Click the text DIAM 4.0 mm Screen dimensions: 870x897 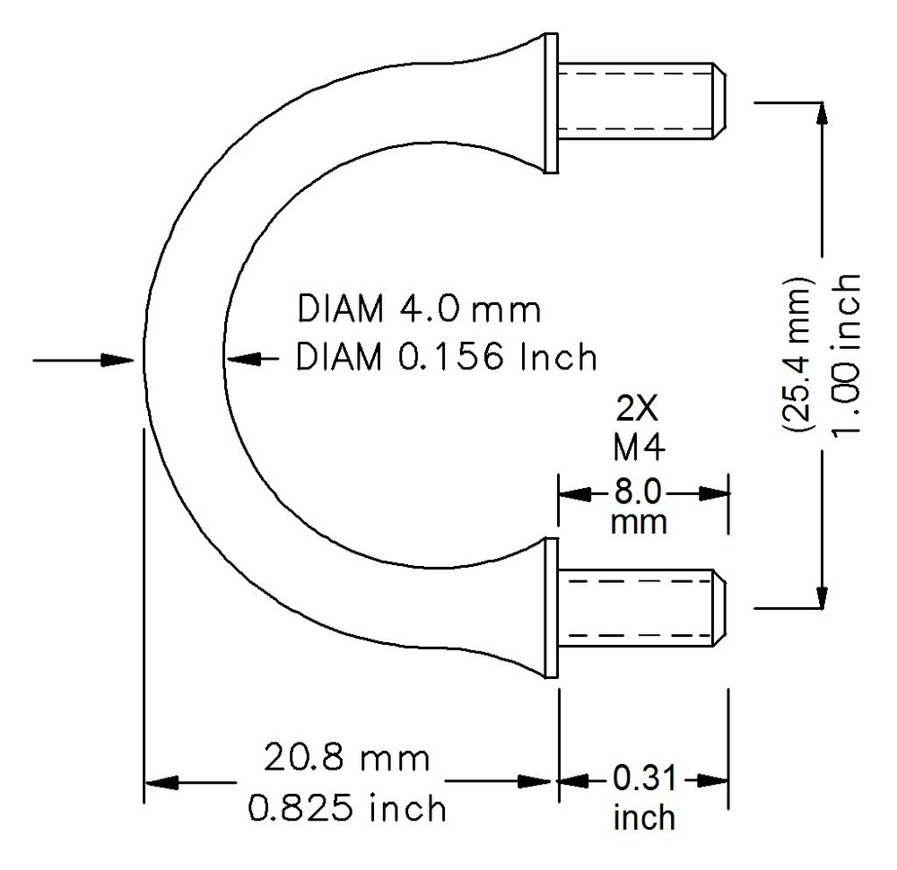[419, 310]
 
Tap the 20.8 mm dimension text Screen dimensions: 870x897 [346, 759]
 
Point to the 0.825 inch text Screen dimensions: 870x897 [346, 808]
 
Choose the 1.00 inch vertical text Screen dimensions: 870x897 [846, 353]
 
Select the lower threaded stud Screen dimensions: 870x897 [641, 608]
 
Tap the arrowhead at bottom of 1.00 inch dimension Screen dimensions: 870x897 [820, 596]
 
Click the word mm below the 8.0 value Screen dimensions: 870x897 [639, 523]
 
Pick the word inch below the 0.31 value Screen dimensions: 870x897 [644, 817]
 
